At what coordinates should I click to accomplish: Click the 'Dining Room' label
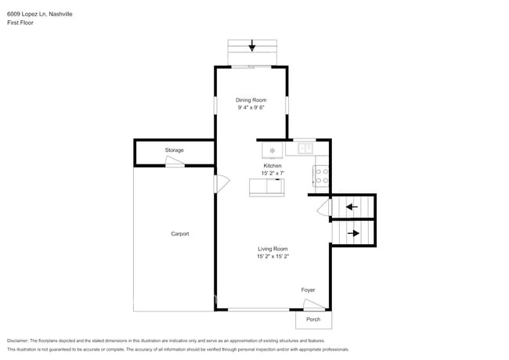pos(251,99)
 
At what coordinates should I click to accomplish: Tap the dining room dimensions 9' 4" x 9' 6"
pos(251,108)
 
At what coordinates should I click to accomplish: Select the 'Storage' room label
pos(174,149)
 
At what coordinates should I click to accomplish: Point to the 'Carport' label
pos(180,234)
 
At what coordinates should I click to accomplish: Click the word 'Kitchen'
pos(272,165)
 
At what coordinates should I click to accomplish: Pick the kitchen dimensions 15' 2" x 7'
pos(272,173)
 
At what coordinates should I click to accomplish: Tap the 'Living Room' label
pos(273,249)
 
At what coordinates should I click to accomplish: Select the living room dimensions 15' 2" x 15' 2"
pos(273,257)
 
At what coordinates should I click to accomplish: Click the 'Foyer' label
pos(309,290)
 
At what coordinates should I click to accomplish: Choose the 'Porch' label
pos(313,319)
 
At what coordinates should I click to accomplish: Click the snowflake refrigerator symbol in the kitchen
pos(272,149)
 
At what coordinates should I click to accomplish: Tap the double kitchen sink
pos(305,147)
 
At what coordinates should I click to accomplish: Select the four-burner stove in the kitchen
pos(321,175)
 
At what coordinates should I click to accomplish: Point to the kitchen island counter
pos(267,187)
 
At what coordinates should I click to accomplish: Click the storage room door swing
pos(174,161)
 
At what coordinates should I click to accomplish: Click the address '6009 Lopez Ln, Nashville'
pos(41,13)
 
